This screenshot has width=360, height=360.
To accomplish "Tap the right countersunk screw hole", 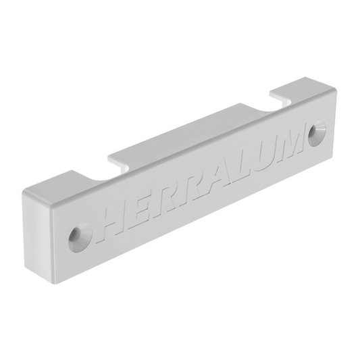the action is [317, 134].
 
